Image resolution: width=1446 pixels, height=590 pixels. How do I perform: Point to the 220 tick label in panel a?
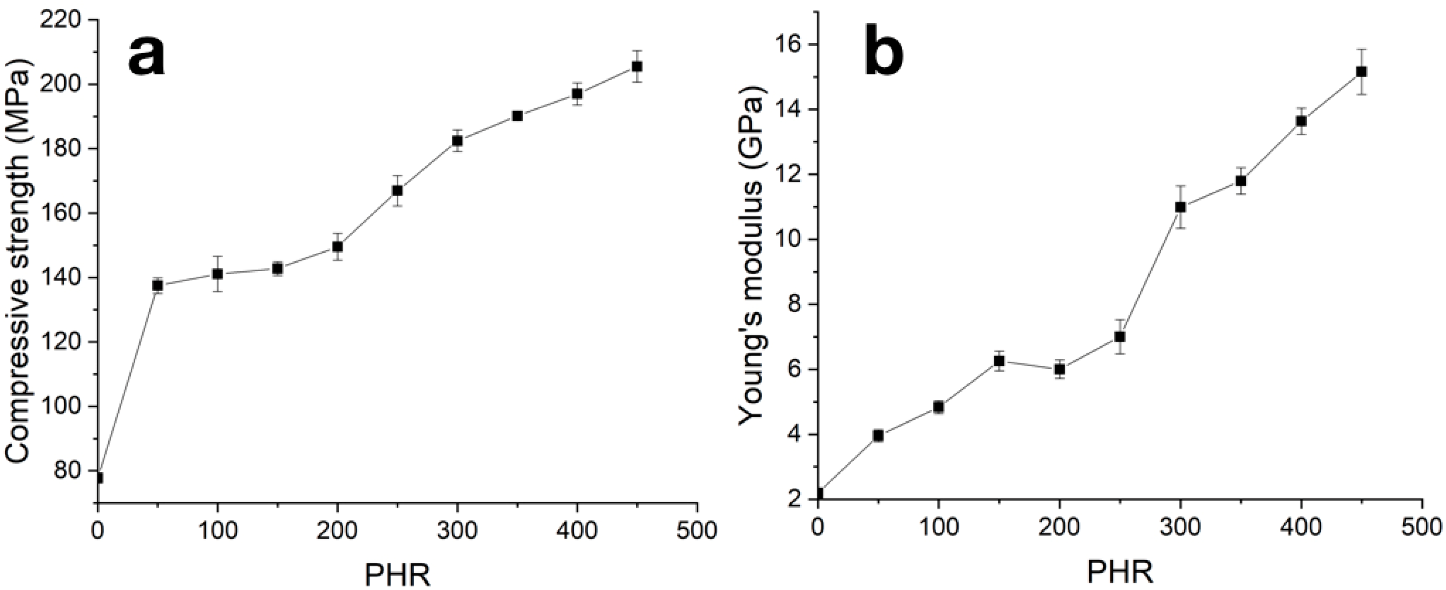(x=64, y=21)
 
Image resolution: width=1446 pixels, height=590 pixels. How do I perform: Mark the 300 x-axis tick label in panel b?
(x=1180, y=530)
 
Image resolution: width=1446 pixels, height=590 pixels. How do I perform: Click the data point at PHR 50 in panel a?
(x=158, y=286)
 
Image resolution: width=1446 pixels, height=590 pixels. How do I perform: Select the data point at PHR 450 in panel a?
(x=637, y=66)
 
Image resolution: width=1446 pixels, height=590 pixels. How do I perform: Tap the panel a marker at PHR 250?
(x=397, y=191)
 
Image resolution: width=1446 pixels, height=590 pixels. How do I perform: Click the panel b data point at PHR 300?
(x=1181, y=207)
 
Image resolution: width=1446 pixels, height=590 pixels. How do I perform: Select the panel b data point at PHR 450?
(x=1361, y=88)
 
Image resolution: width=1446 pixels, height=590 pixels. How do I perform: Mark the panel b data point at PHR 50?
(x=878, y=436)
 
